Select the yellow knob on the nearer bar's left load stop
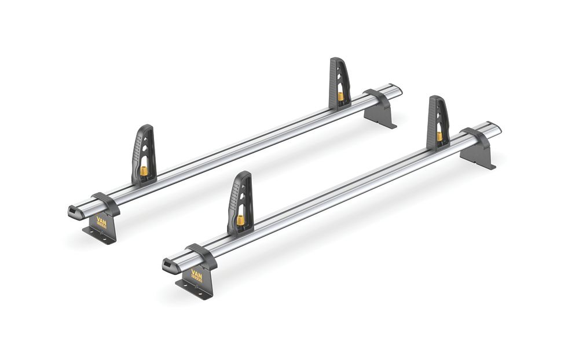(x=240, y=220)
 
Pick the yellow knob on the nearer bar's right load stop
(x=439, y=137)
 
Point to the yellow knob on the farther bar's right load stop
(x=341, y=95)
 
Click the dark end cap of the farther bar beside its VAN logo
(x=76, y=211)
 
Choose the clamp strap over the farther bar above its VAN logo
(x=105, y=203)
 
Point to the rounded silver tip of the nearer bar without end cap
(x=496, y=128)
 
